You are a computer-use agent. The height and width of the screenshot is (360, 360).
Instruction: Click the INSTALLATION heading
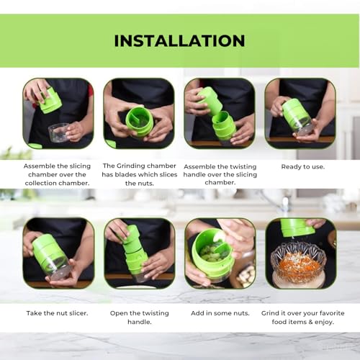pos(179,41)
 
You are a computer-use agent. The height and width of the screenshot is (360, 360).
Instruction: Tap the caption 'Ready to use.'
pos(303,167)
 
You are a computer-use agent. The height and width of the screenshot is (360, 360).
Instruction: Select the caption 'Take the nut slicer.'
pos(57,313)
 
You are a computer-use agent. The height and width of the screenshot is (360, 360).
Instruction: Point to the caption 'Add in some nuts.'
pos(220,313)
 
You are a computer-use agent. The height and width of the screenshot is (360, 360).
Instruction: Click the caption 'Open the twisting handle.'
pos(140,318)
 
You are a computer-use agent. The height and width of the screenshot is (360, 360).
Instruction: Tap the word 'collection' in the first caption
pos(40,183)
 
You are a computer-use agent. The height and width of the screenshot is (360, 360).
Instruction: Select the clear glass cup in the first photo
pos(59,132)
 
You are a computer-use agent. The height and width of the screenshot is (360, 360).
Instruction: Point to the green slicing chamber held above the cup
pos(50,101)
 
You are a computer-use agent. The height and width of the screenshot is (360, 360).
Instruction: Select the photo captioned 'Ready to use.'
pos(300,113)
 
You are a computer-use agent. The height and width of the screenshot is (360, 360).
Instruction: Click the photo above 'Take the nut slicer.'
pos(58,253)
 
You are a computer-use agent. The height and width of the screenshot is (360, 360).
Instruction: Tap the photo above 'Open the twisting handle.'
pos(140,253)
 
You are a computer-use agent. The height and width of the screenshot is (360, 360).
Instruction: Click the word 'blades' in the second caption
pos(125,175)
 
